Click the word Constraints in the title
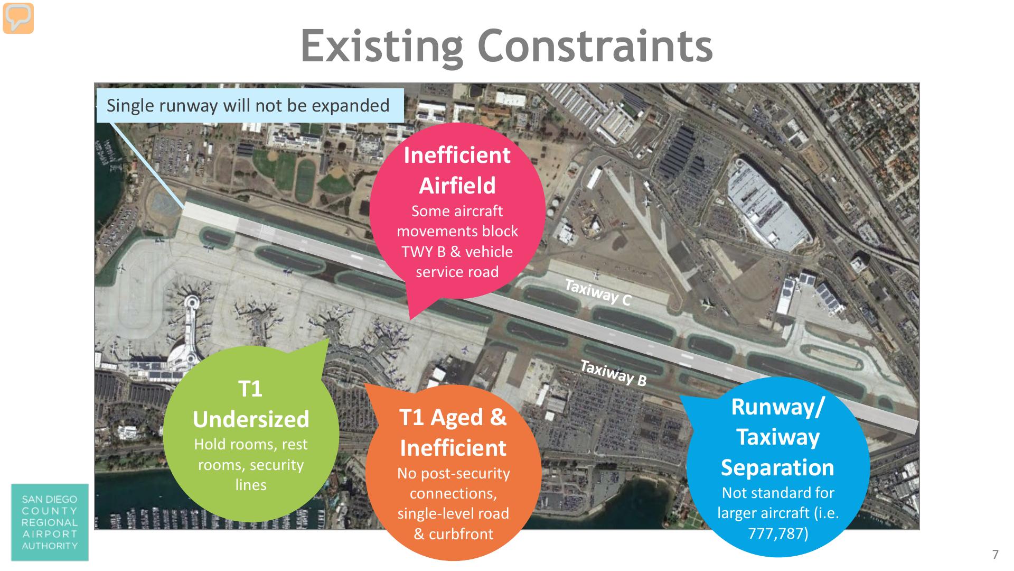pyautogui.click(x=595, y=45)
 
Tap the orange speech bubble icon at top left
pyautogui.click(x=18, y=18)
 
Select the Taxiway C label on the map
pyautogui.click(x=598, y=292)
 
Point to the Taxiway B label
pyautogui.click(x=613, y=373)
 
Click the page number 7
pyautogui.click(x=995, y=554)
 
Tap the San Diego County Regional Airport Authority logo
pyautogui.click(x=50, y=522)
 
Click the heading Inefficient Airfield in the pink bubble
pyautogui.click(x=457, y=170)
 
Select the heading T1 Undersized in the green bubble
pyautogui.click(x=251, y=404)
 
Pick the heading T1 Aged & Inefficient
pyautogui.click(x=453, y=432)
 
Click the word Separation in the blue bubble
pyautogui.click(x=777, y=468)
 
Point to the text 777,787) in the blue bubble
pyautogui.click(x=778, y=533)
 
